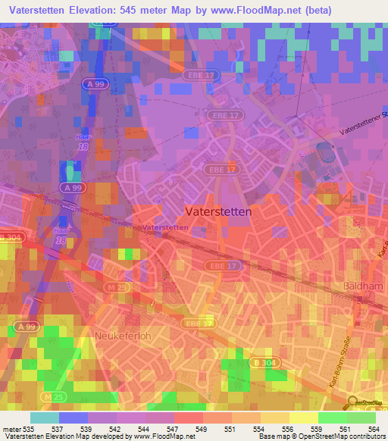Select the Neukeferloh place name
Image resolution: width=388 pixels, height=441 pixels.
coord(123,334)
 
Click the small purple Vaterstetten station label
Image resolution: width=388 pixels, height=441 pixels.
coord(164,227)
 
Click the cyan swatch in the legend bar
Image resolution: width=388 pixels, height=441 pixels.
coord(45,418)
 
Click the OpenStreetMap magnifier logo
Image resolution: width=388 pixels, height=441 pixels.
coord(353,402)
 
